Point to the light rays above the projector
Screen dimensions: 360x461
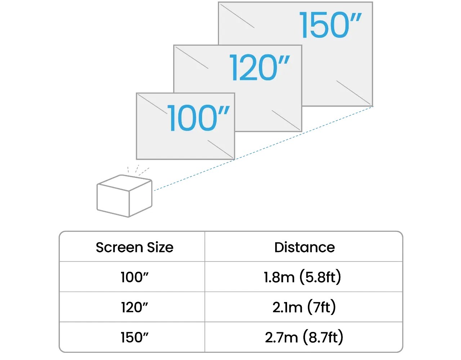138,170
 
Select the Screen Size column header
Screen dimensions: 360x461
134,247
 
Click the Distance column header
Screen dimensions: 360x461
304,247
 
